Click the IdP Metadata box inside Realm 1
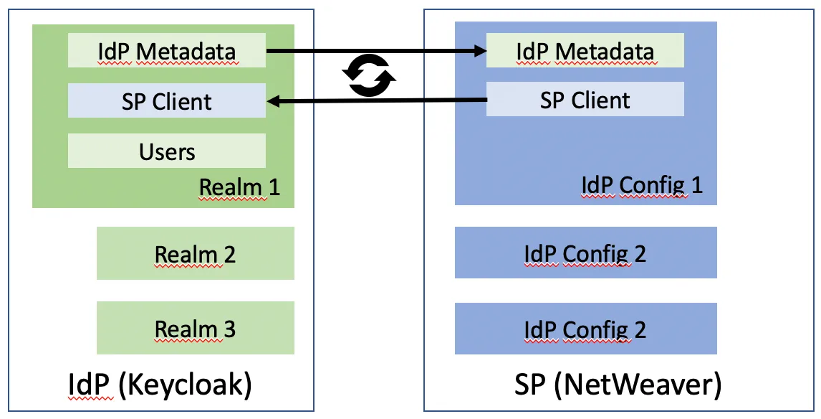(166, 52)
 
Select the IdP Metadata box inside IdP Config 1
(585, 52)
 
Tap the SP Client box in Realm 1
(166, 101)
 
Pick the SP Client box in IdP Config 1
(585, 100)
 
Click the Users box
(166, 151)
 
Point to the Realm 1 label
(239, 187)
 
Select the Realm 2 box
(195, 254)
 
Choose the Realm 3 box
(195, 329)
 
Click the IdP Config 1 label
(641, 185)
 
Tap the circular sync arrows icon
(369, 76)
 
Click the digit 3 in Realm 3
(229, 329)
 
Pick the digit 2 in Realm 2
(229, 254)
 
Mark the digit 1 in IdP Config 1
(696, 185)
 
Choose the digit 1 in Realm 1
(273, 187)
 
